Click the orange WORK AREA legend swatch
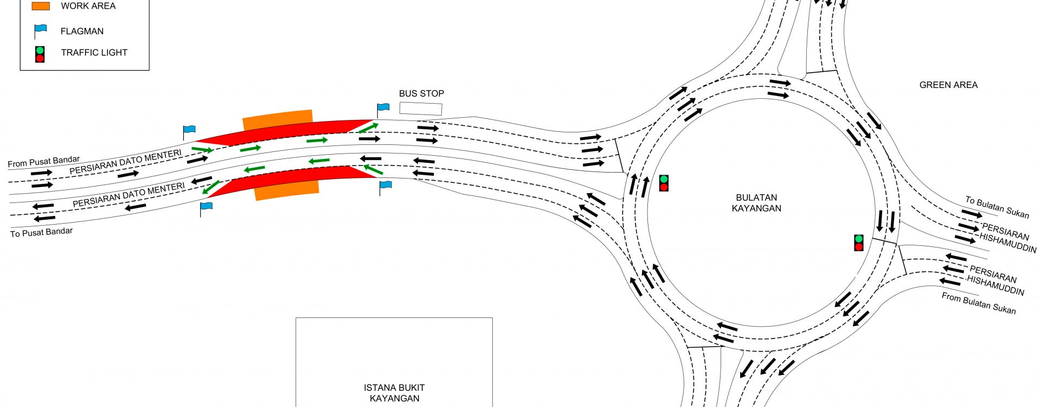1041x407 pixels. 41,6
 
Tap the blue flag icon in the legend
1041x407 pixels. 40,30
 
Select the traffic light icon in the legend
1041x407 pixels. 40,54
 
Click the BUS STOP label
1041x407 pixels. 421,93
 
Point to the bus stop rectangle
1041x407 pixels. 421,108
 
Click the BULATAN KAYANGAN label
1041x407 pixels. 756,203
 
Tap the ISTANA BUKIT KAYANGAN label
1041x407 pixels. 394,393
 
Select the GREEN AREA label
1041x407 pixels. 948,85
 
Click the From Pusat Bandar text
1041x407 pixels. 43,162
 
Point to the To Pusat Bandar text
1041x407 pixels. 41,232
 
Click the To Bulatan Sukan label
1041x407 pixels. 997,207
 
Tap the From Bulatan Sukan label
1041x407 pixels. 979,303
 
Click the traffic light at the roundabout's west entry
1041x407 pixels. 664,183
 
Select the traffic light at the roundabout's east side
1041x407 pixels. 859,243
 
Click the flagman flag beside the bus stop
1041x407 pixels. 383,107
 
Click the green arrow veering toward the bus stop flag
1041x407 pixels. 368,128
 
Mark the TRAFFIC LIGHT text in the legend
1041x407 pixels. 94,53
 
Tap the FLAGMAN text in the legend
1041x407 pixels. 82,31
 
